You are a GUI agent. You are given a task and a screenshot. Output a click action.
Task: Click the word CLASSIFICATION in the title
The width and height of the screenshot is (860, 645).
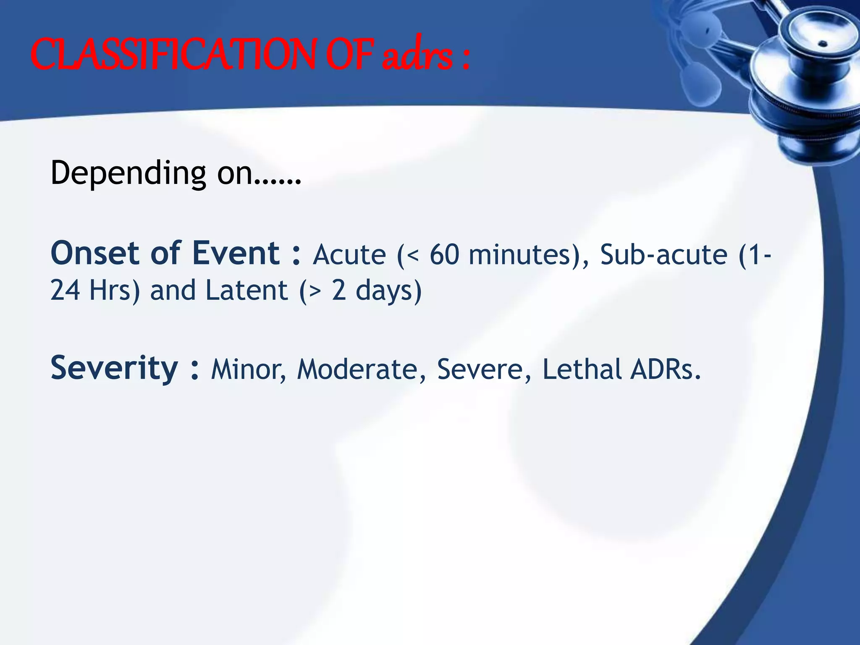click(172, 55)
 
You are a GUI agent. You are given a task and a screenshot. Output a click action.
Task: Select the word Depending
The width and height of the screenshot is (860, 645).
click(128, 173)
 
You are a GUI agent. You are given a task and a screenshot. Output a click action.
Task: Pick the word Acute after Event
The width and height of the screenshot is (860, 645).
click(349, 255)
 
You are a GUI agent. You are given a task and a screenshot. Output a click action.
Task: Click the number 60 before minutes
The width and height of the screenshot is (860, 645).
click(444, 255)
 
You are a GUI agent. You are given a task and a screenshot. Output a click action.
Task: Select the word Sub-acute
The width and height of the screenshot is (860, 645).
click(663, 255)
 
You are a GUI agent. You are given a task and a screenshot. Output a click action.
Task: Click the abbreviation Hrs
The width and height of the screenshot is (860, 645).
click(110, 291)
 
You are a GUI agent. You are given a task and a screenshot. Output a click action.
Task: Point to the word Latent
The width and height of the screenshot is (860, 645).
click(246, 291)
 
